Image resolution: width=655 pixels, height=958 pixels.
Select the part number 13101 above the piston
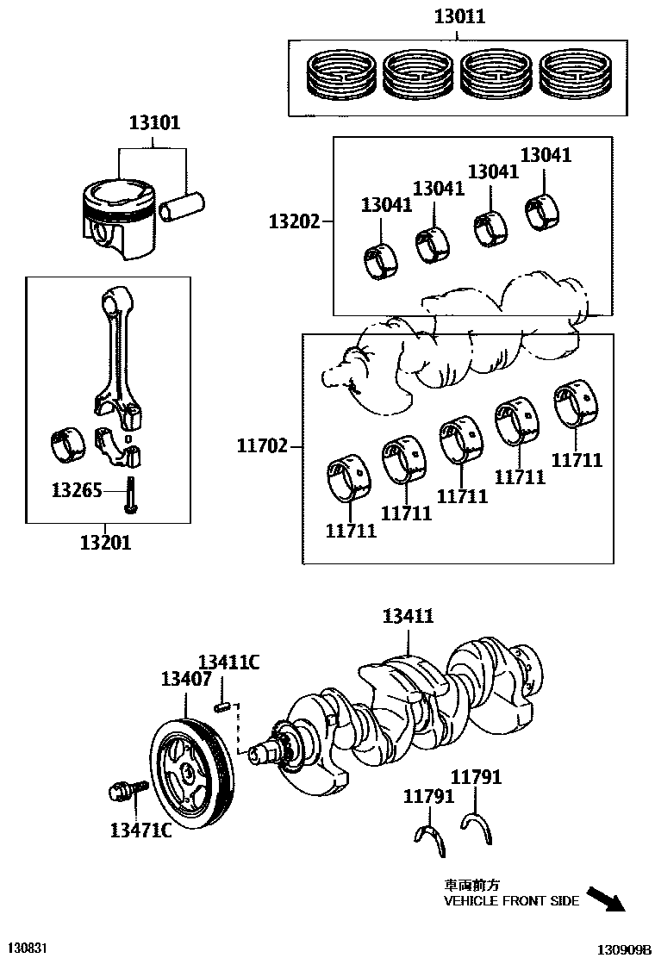[x=155, y=122]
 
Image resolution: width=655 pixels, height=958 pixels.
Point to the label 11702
[x=263, y=446]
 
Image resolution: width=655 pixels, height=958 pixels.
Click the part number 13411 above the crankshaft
[x=408, y=616]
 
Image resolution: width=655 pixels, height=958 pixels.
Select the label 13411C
[x=228, y=662]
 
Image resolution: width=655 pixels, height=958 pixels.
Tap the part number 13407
[x=186, y=679]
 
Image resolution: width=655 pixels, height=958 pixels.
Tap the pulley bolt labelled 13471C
[x=122, y=790]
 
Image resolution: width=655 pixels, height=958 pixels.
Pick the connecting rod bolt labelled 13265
[x=132, y=494]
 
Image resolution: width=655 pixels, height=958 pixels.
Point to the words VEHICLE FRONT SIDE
[x=511, y=901]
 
